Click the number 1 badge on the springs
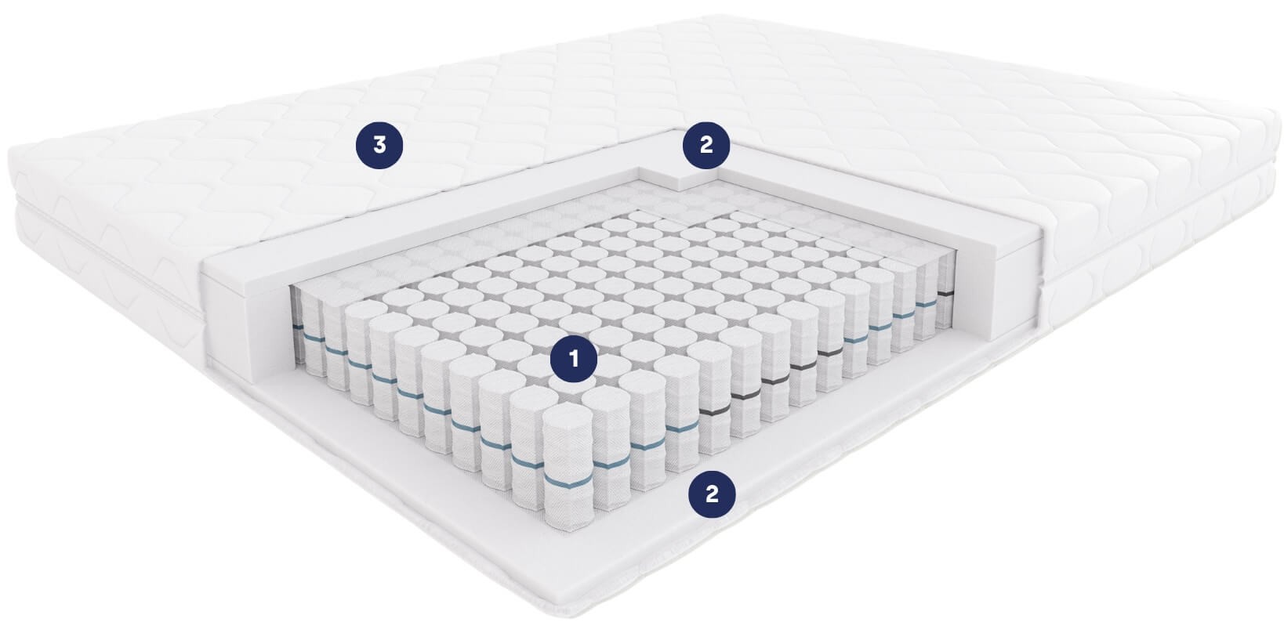[574, 359]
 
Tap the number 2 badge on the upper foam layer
[706, 145]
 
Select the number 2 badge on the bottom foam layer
[712, 494]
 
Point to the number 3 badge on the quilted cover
[379, 145]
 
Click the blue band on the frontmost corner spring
[568, 481]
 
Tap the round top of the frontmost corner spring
[568, 419]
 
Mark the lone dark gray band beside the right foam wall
[945, 293]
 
